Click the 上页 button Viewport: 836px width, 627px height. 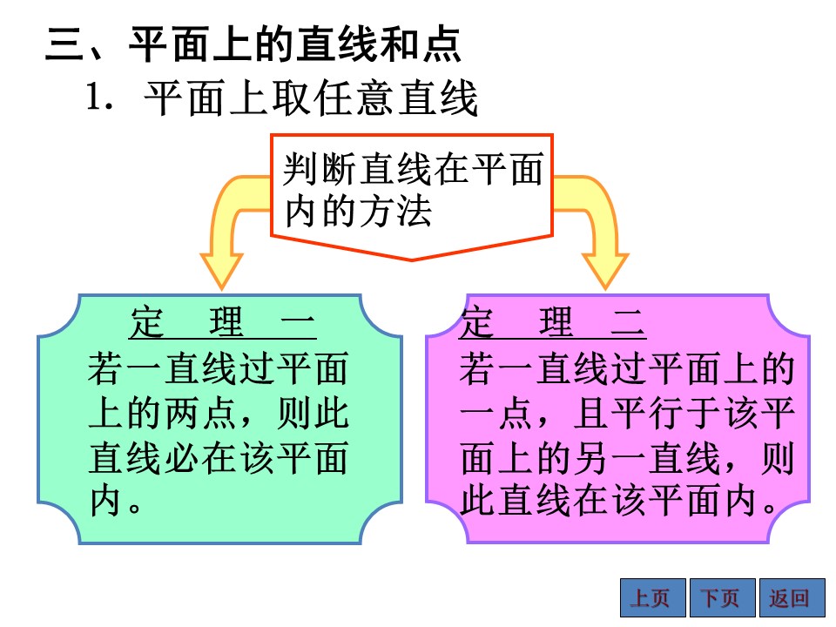coord(652,597)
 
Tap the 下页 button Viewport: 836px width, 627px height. coord(723,597)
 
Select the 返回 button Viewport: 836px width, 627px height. coord(792,597)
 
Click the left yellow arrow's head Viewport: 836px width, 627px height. coord(222,272)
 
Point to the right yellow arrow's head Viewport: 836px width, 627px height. coord(605,272)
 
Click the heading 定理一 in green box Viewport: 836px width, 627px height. coord(223,322)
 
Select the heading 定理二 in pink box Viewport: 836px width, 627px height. coord(553,322)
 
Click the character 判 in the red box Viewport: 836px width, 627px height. coord(300,169)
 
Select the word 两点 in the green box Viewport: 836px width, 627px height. coord(200,413)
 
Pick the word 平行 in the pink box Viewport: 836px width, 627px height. coord(648,413)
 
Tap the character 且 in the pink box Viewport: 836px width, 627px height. coord(591,413)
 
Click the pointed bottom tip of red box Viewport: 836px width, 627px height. coord(412,260)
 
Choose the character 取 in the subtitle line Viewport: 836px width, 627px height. coord(293,98)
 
